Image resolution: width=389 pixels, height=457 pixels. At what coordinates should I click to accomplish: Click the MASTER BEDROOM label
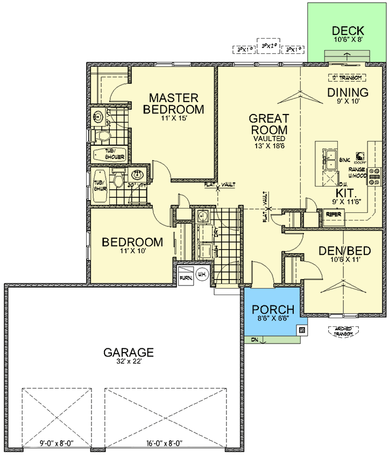(174, 104)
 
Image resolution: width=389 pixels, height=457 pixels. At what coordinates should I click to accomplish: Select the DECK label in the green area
(348, 31)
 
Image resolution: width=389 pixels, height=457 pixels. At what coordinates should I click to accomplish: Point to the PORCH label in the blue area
(273, 310)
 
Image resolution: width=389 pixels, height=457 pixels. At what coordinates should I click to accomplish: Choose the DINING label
(348, 92)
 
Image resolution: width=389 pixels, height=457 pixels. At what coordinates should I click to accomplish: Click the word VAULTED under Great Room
(269, 139)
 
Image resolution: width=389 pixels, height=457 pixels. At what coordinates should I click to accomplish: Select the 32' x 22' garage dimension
(129, 363)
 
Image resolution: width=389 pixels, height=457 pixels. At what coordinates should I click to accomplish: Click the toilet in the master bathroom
(102, 135)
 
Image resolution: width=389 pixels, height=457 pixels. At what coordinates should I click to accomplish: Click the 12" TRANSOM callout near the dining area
(347, 77)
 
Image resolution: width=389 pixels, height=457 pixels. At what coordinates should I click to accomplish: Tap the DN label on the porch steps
(254, 340)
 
